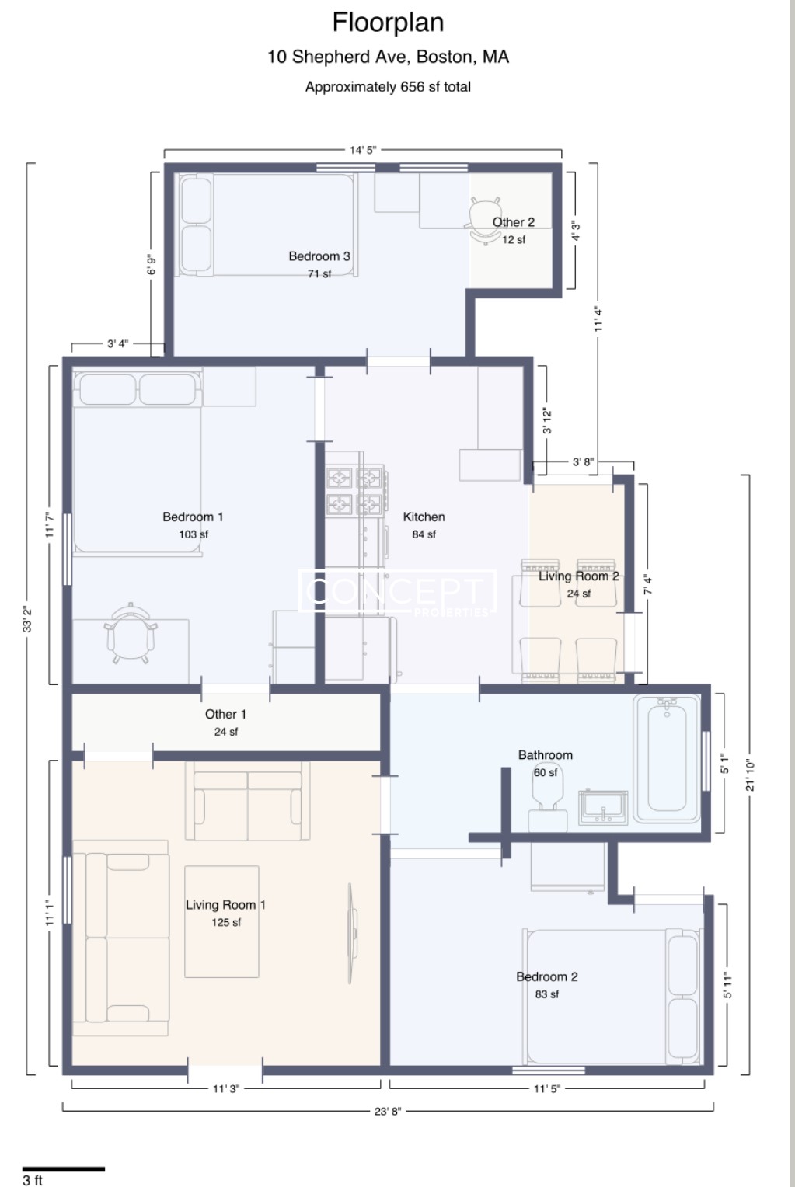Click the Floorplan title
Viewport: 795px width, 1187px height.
(x=388, y=23)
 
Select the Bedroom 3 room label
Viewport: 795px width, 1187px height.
(x=319, y=256)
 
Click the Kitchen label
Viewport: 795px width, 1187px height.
(x=424, y=517)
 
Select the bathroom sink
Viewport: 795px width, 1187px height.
(x=603, y=807)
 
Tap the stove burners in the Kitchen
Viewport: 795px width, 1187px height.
(x=354, y=491)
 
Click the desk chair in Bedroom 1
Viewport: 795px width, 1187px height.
(x=131, y=633)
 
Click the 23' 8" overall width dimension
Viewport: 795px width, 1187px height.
(x=388, y=1111)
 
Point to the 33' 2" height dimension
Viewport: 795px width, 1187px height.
(x=27, y=619)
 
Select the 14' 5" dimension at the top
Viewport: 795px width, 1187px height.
(x=363, y=150)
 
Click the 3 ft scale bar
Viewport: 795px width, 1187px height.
(x=64, y=1168)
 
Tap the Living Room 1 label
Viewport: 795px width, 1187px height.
(x=226, y=904)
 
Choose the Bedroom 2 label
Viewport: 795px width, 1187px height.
(x=547, y=976)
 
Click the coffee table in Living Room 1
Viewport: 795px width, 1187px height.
(x=221, y=921)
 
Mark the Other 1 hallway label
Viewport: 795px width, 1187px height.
(x=226, y=714)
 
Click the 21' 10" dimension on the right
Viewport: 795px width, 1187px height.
(x=750, y=775)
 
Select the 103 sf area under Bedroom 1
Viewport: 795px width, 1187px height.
(x=194, y=534)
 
